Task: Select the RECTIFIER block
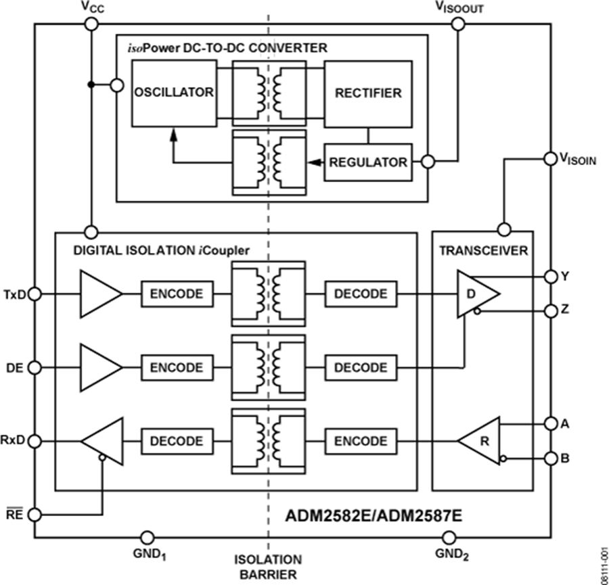click(368, 93)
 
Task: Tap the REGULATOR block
click(368, 162)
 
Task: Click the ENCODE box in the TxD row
click(177, 294)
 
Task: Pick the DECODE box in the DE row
click(361, 367)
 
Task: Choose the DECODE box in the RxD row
click(177, 441)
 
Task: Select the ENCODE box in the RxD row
click(361, 441)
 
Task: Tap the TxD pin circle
click(35, 294)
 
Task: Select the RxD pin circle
click(35, 441)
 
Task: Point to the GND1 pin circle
click(145, 538)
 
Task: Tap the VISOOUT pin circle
click(457, 24)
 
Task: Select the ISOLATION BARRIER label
click(268, 567)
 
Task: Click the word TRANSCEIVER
click(482, 250)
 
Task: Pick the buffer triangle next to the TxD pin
click(99, 294)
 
